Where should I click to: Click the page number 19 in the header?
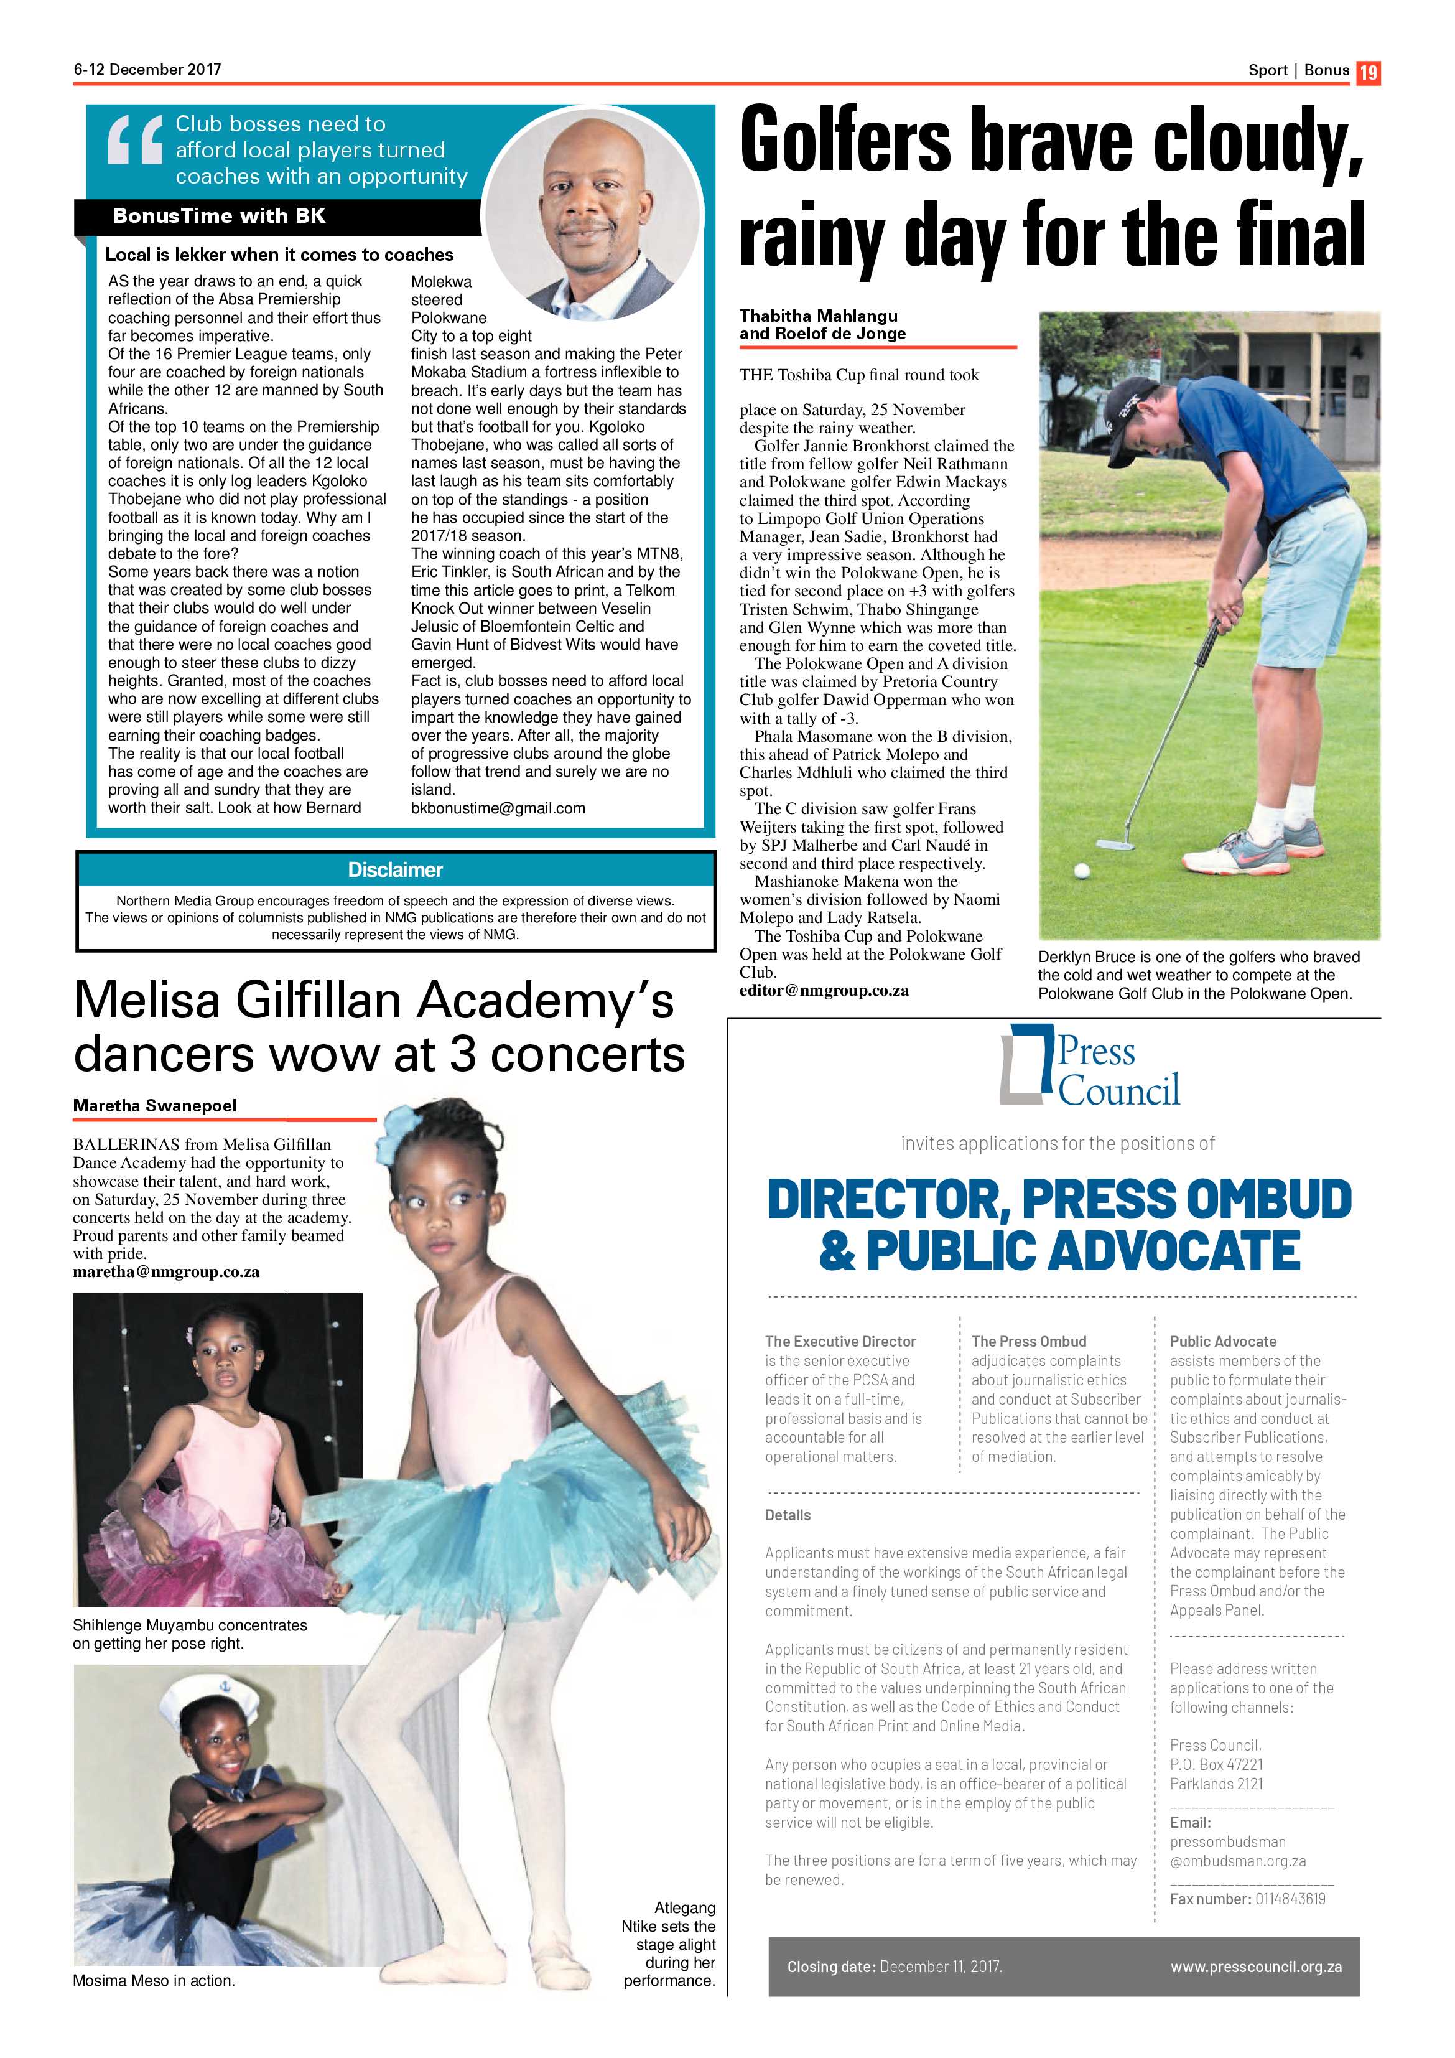[1368, 72]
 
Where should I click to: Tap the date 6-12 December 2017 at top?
[147, 69]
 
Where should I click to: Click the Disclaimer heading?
[395, 869]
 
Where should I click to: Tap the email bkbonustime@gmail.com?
[498, 808]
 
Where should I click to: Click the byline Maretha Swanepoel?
[155, 1105]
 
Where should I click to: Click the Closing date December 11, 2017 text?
[894, 1967]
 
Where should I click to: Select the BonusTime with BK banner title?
[220, 216]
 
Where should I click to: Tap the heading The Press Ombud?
[1028, 1341]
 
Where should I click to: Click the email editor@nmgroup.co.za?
[824, 991]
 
